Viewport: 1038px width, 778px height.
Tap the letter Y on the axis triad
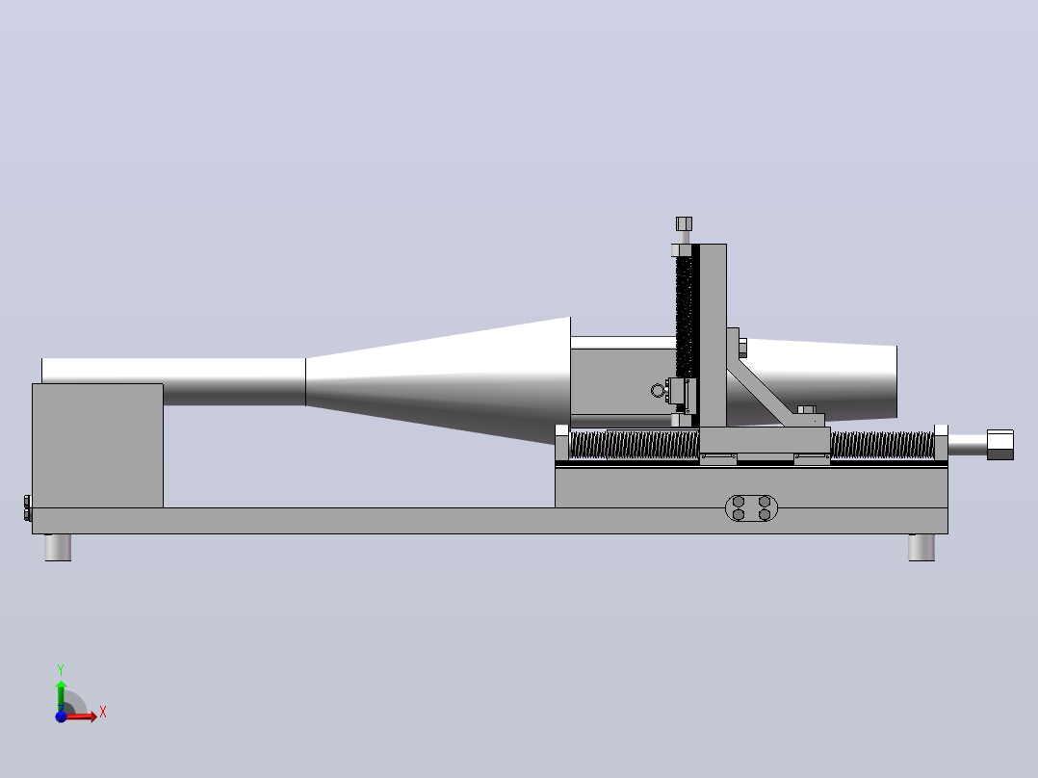[61, 670]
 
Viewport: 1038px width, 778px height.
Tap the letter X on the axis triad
[103, 713]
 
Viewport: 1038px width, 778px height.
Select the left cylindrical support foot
[58, 548]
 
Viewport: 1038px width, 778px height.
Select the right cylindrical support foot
[921, 548]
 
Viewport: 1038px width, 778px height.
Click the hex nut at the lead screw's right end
[1000, 444]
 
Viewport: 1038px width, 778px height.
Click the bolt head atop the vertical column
[684, 223]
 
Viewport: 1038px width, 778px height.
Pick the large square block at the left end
[97, 446]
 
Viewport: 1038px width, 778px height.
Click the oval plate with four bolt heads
[751, 507]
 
